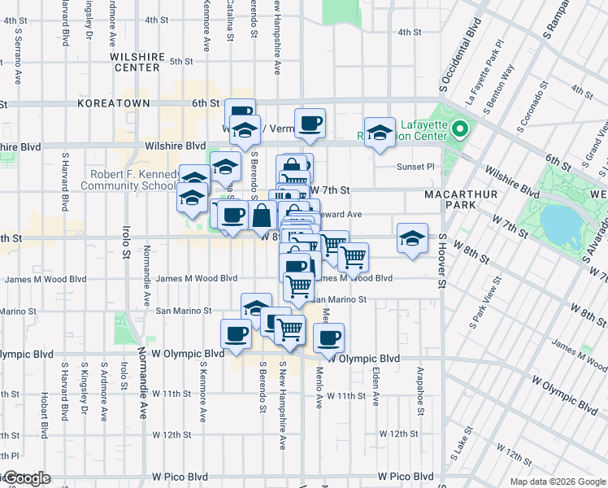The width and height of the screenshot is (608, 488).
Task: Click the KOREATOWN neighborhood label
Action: pyautogui.click(x=114, y=104)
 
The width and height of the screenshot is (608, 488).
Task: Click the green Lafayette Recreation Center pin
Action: pyautogui.click(x=460, y=129)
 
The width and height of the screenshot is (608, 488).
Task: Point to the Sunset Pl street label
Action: pyautogui.click(x=416, y=167)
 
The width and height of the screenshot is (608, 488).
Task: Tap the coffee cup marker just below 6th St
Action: pyautogui.click(x=310, y=124)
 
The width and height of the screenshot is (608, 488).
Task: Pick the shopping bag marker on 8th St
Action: pyautogui.click(x=263, y=217)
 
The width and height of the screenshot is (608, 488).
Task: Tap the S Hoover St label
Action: pyautogui.click(x=443, y=261)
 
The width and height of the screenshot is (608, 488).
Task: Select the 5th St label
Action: pyautogui.click(x=181, y=61)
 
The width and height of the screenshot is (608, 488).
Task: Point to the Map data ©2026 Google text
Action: pyautogui.click(x=557, y=481)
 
